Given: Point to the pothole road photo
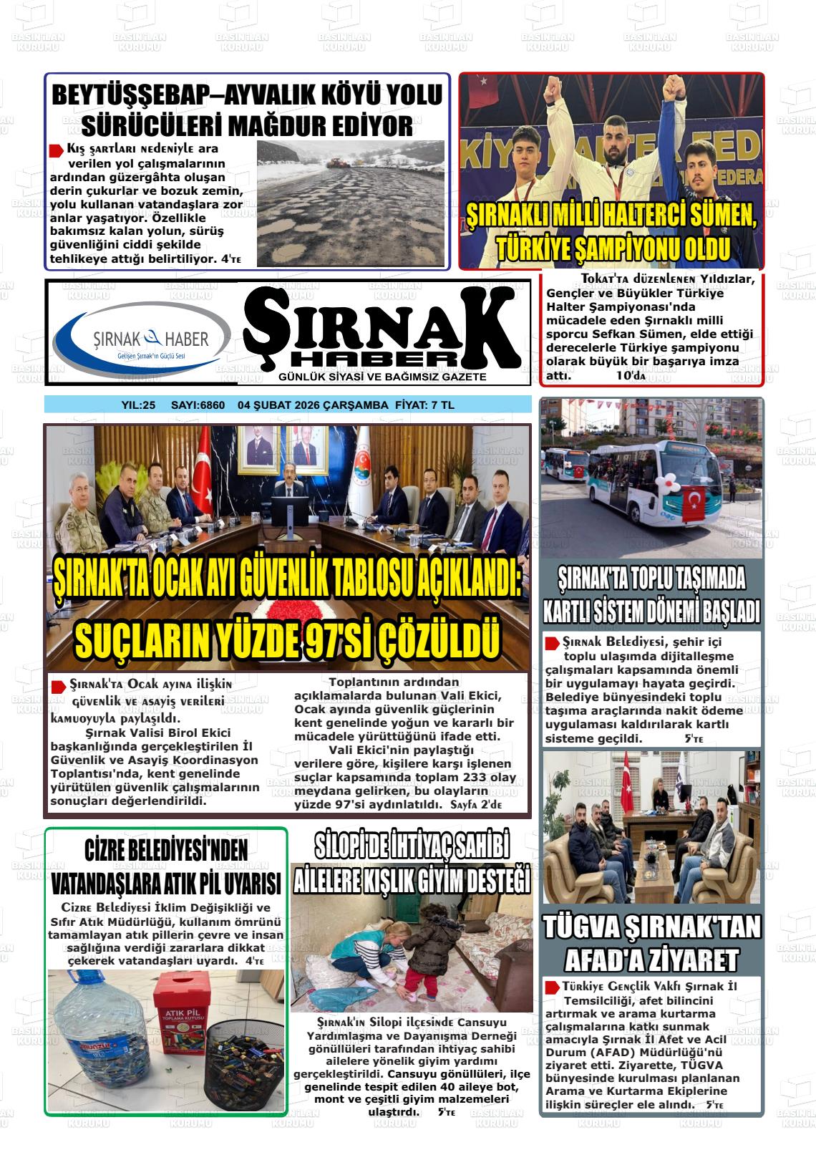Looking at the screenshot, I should click(351, 202).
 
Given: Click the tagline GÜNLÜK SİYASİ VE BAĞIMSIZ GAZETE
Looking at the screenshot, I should click(382, 377).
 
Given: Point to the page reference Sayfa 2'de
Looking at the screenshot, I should click(477, 805).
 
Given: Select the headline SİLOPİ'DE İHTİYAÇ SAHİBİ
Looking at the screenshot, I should click(412, 847).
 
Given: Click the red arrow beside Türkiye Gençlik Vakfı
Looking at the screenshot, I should click(552, 987).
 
